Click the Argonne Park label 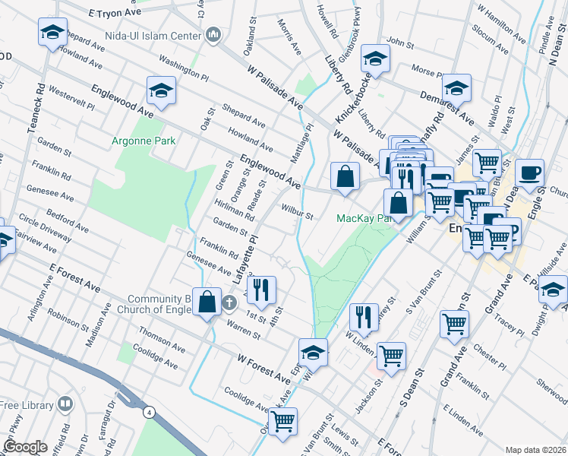coord(144,141)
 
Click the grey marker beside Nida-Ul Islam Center coord(213,35)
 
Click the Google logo coord(25,447)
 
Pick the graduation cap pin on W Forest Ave coord(313,352)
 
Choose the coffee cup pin coord(529,172)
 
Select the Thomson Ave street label coord(162,340)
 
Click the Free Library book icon coord(67,402)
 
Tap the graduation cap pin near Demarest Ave coord(456,88)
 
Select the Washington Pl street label coord(183,67)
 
